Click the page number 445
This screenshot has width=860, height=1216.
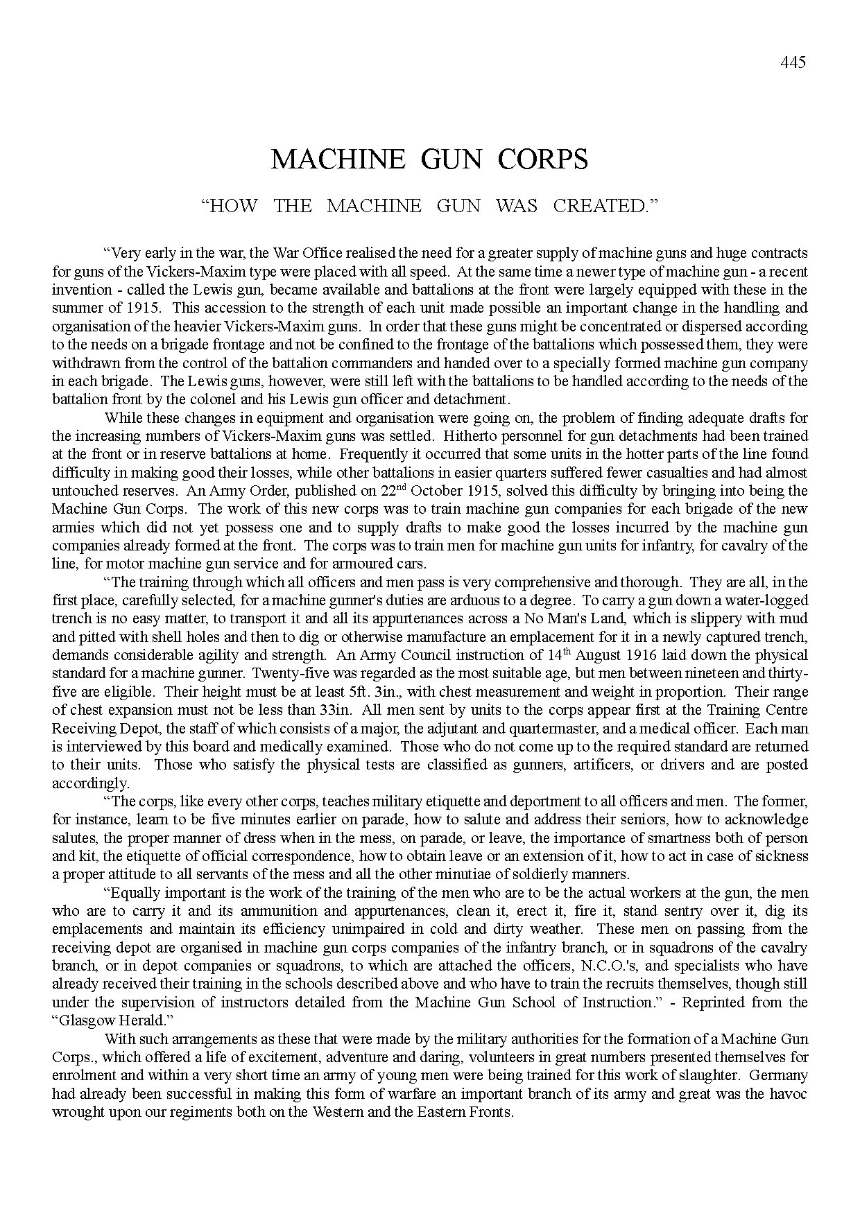(793, 62)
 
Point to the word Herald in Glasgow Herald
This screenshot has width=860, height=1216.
(148, 1020)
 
